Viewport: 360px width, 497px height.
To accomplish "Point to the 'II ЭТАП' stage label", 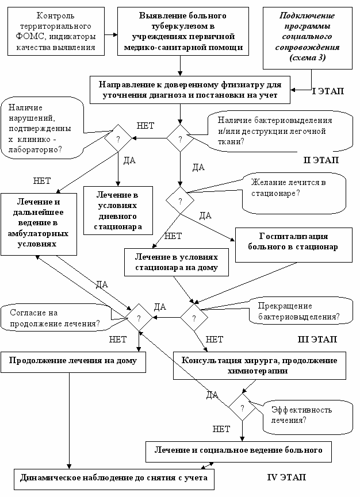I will click(x=320, y=160).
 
